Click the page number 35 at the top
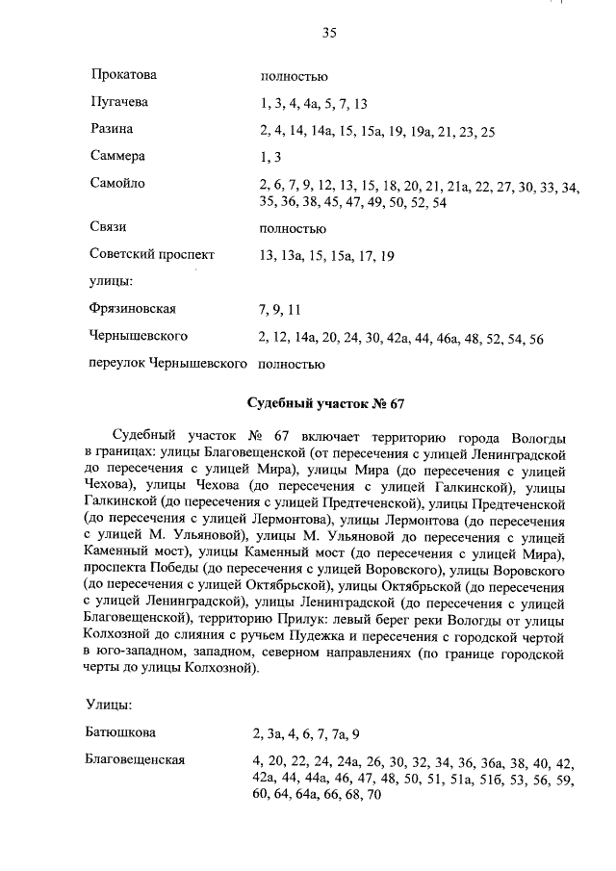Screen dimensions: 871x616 pos(328,32)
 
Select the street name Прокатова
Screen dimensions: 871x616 pos(123,74)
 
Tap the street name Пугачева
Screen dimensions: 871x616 pos(119,101)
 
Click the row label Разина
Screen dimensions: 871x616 pos(112,129)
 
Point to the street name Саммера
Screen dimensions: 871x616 pos(117,156)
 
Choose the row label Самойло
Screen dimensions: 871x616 pos(117,183)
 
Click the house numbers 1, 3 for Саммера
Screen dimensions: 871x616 pos(270,157)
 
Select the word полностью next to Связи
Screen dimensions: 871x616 pos(293,229)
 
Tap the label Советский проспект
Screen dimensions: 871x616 pos(152,255)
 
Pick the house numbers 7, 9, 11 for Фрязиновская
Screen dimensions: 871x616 pos(281,310)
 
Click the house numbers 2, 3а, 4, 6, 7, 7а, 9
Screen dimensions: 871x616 pos(306,734)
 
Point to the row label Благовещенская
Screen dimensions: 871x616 pos(135,760)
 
